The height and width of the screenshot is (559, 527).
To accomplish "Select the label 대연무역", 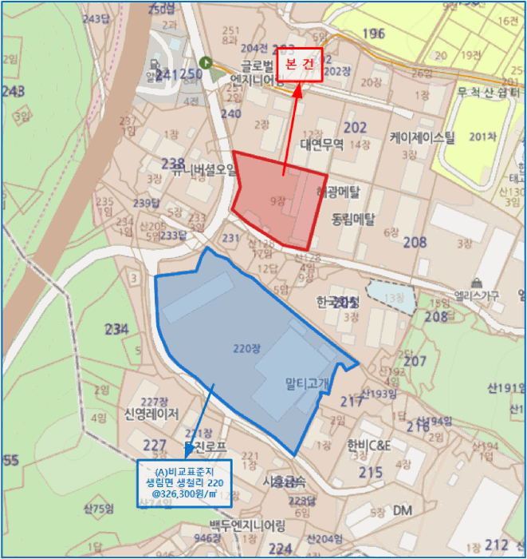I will point(321,145).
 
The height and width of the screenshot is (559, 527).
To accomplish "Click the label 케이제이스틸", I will point(422,137).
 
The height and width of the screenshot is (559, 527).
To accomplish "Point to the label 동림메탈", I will point(353,217).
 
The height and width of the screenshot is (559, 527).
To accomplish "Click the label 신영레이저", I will point(151,414).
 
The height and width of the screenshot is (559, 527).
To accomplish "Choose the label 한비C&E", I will point(369,446).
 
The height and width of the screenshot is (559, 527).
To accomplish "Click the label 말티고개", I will point(307,383).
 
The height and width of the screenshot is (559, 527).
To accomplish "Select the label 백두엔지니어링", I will point(247,525).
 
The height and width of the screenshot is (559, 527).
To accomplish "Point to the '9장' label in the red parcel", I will point(277,201).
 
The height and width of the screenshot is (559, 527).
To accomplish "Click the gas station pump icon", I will point(152,65).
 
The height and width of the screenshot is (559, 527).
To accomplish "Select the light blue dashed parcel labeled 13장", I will point(391,296).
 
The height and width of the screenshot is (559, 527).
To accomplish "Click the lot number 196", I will point(373,34).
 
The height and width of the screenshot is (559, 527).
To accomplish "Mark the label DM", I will point(403,509).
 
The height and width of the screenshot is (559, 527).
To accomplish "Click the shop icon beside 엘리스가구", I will point(477,282).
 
